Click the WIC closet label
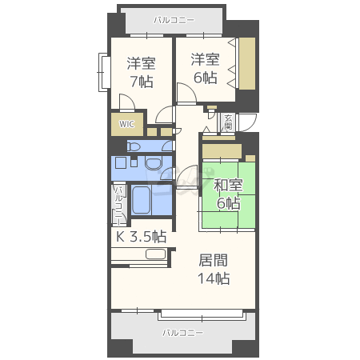pyautogui.click(x=126, y=124)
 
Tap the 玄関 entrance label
pyautogui.click(x=228, y=122)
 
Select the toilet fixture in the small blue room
pyautogui.click(x=134, y=146)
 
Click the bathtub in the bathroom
pyautogui.click(x=141, y=200)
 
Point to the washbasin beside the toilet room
pyautogui.click(x=154, y=162)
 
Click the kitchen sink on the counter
pyautogui.click(x=155, y=254)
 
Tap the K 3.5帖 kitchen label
pyautogui.click(x=142, y=236)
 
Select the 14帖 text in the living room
pyautogui.click(x=214, y=278)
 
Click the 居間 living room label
pyautogui.click(x=214, y=260)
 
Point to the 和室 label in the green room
pyautogui.click(x=228, y=185)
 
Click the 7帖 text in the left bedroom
pyautogui.click(x=142, y=82)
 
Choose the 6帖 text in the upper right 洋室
pyautogui.click(x=205, y=78)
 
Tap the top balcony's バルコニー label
pyautogui.click(x=174, y=20)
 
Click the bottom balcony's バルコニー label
pyautogui.click(x=183, y=333)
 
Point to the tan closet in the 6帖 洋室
pyautogui.click(x=247, y=63)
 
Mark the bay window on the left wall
pyautogui.click(x=104, y=72)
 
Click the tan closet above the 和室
pyautogui.click(x=222, y=152)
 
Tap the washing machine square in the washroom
pyautogui.click(x=121, y=162)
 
